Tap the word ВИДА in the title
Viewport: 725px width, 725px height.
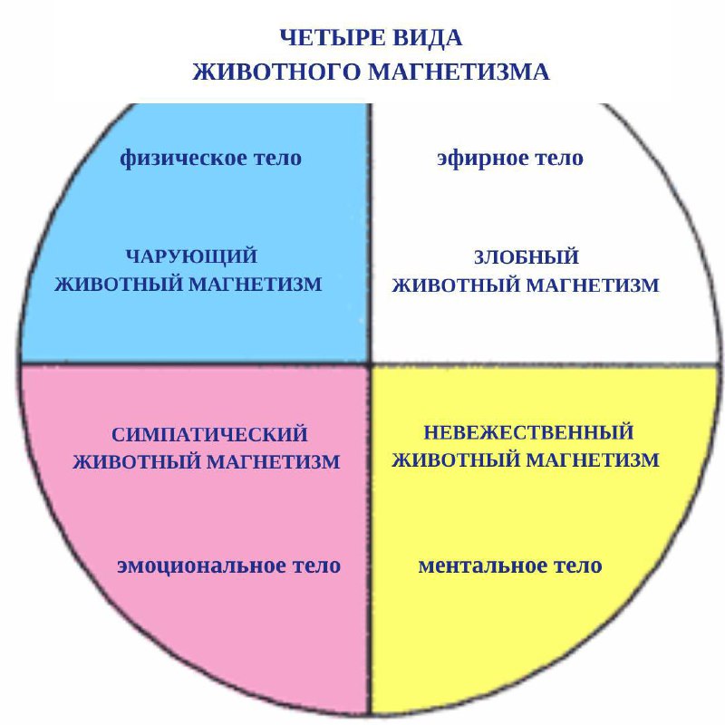pyautogui.click(x=427, y=37)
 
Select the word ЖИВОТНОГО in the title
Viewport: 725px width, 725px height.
pyautogui.click(x=276, y=72)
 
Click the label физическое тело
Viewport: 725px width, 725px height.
pyautogui.click(x=211, y=158)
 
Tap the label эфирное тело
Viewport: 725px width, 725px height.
pyautogui.click(x=510, y=158)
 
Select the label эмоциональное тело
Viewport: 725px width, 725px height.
pyautogui.click(x=229, y=565)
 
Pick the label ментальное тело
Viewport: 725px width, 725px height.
pyautogui.click(x=510, y=565)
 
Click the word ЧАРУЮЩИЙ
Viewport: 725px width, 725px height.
pyautogui.click(x=191, y=256)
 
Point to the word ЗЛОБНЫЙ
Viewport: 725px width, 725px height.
pyautogui.click(x=527, y=257)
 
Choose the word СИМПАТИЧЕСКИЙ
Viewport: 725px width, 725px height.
pyautogui.click(x=209, y=434)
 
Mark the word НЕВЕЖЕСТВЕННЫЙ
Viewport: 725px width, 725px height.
pyautogui.click(x=528, y=432)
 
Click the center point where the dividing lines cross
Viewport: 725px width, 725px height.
pyautogui.click(x=371, y=364)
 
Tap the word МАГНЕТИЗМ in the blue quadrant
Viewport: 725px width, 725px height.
pyautogui.click(x=256, y=284)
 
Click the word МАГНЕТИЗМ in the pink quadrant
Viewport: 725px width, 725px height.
pyautogui.click(x=274, y=462)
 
